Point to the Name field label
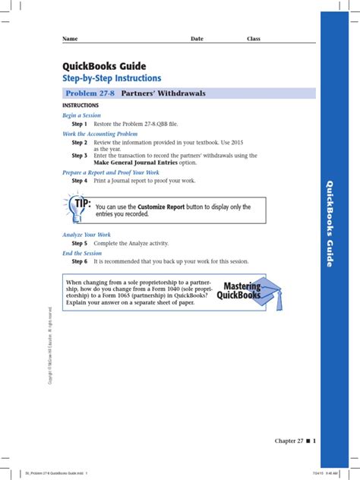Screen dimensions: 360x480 click(70, 39)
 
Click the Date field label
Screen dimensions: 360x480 click(197, 39)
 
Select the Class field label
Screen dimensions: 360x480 click(254, 39)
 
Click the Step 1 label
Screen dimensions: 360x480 click(80, 123)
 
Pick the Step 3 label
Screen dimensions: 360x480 click(80, 155)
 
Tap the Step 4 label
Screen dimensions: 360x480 click(80, 181)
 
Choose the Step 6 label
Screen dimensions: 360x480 click(80, 261)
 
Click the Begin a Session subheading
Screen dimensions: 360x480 click(82, 115)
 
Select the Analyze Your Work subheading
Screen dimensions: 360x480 click(87, 235)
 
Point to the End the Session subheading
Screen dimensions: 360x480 click(83, 253)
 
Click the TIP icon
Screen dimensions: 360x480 click(78, 206)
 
